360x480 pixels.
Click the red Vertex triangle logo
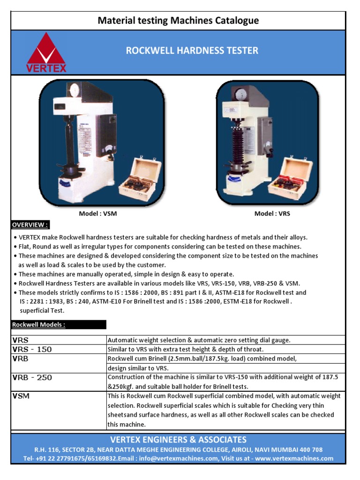(x=46, y=52)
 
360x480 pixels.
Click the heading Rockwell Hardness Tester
(x=192, y=50)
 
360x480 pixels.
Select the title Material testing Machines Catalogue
(x=178, y=21)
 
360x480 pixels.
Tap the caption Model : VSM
(x=98, y=214)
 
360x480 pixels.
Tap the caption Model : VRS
(x=272, y=214)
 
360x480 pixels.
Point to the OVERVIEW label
(x=30, y=225)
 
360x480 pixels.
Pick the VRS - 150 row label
(x=32, y=350)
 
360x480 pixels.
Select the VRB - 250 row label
(x=32, y=377)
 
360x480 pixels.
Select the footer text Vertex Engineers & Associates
(x=178, y=440)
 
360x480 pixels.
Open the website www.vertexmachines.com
(x=294, y=458)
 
